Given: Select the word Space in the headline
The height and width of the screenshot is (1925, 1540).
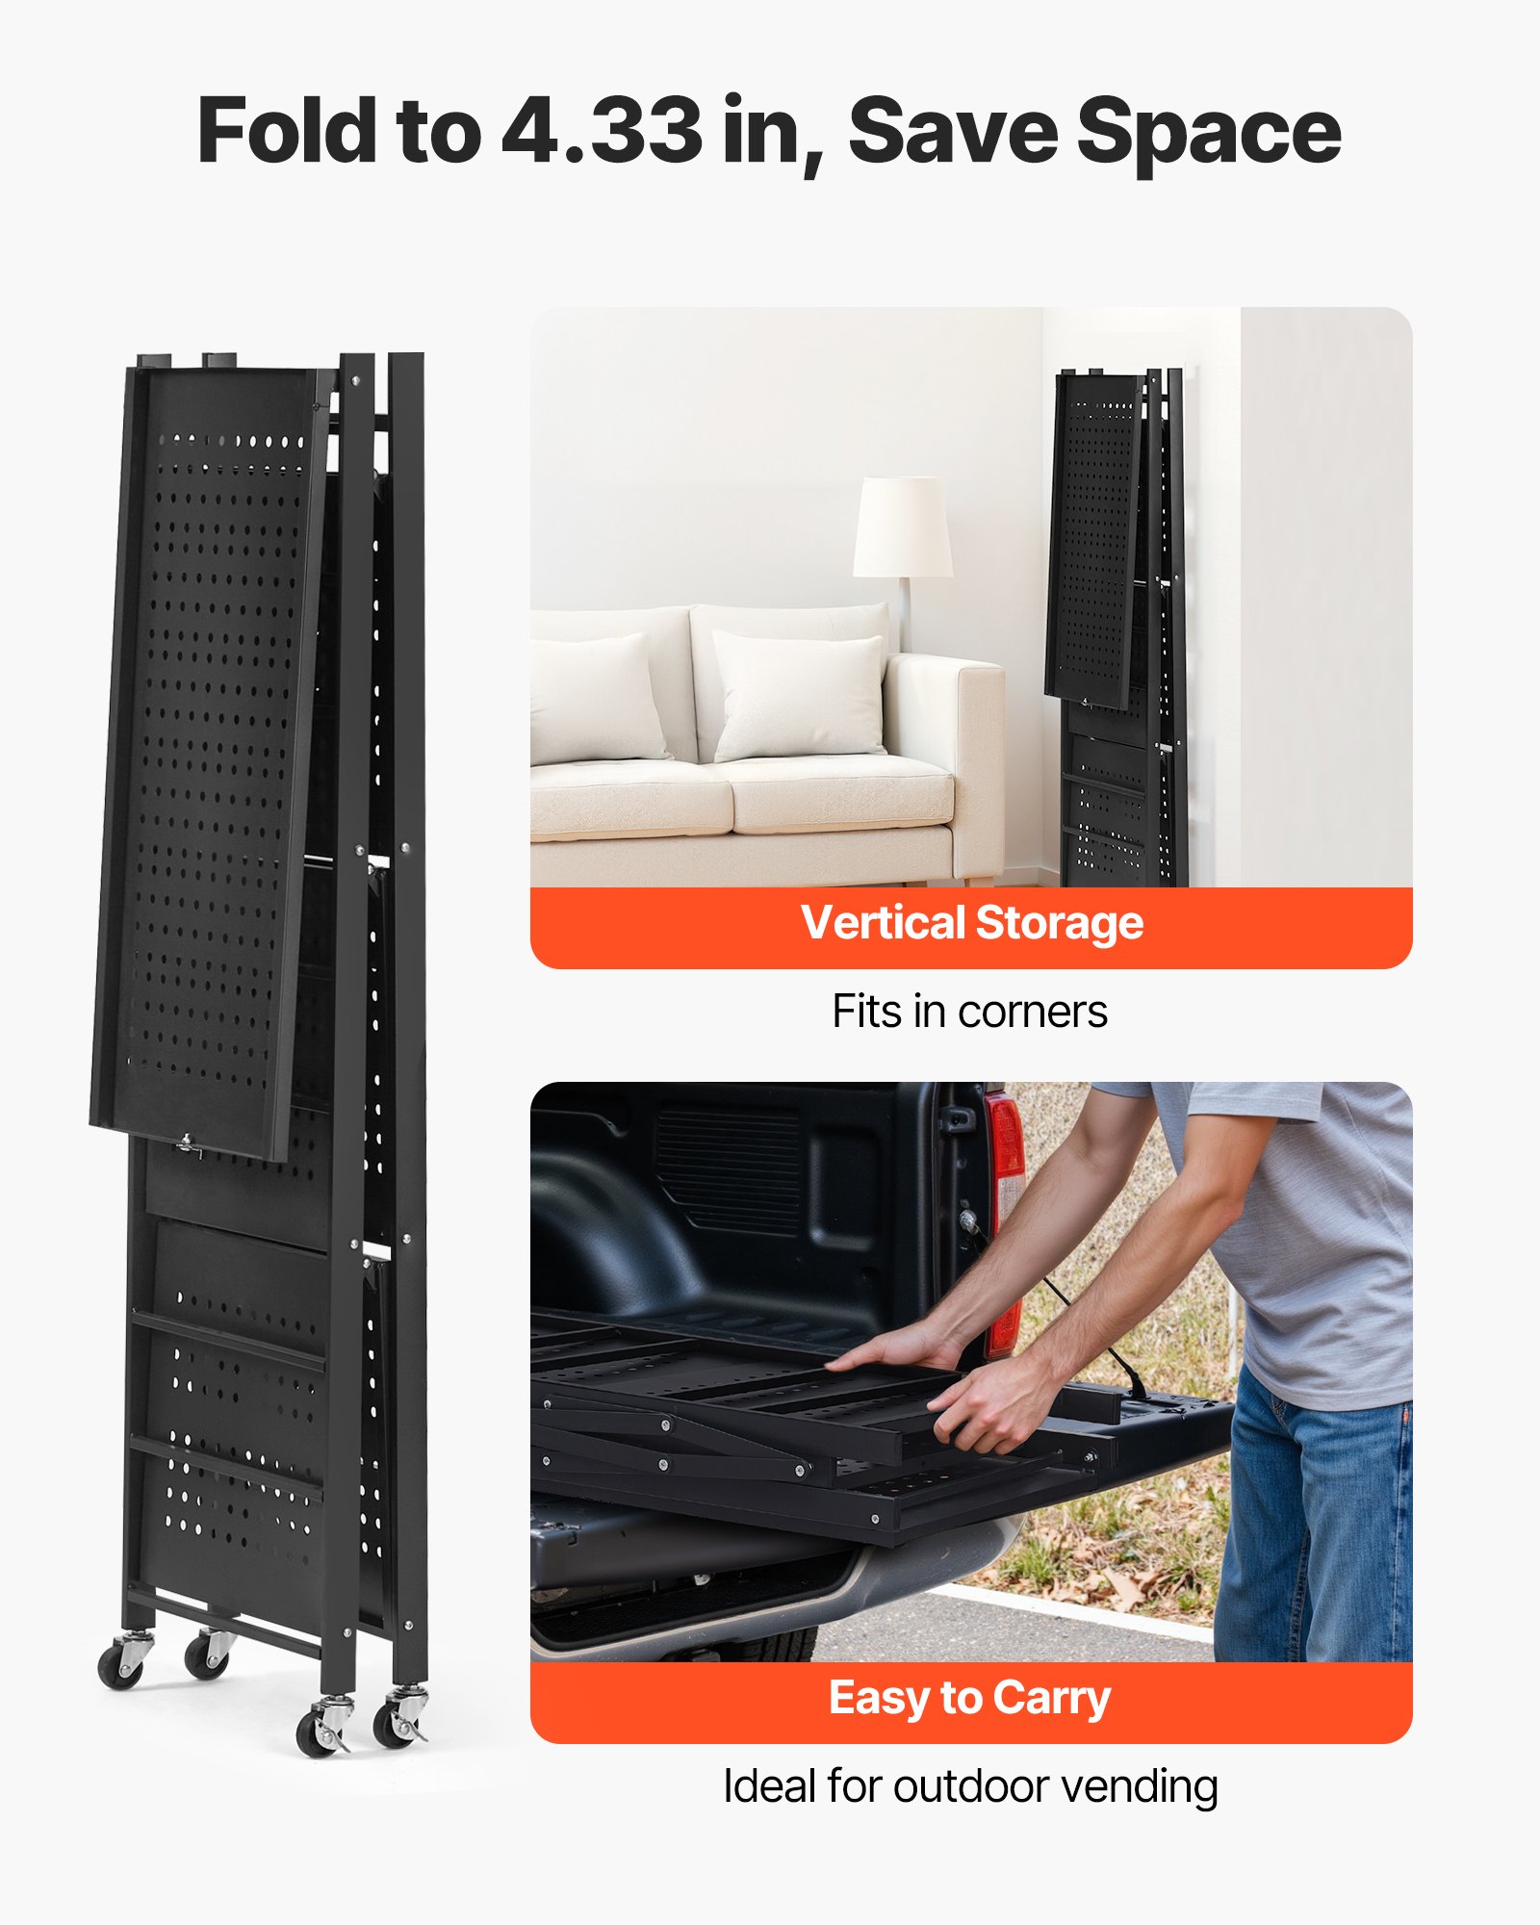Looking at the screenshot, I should coord(1209,133).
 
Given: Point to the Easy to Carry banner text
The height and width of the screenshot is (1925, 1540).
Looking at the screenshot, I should coord(970,1698).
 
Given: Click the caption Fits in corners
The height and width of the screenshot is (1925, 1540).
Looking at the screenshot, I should coord(970,1012).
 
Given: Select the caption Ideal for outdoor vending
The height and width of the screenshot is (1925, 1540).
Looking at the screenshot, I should coord(970,1786).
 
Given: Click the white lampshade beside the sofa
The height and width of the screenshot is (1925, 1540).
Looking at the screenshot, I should coord(903,527).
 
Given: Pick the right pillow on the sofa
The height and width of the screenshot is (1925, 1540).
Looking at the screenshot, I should coord(799,695).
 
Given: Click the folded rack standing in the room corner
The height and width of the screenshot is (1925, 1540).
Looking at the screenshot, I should coord(1116,626).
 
